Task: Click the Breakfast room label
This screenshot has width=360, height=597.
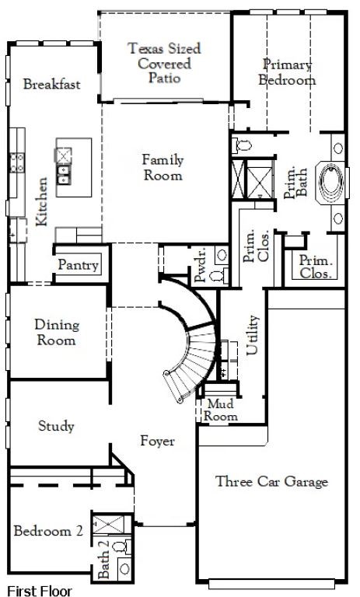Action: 52,84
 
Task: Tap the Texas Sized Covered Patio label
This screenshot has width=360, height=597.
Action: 164,63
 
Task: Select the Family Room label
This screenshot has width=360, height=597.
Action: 163,167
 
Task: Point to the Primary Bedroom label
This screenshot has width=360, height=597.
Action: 287,72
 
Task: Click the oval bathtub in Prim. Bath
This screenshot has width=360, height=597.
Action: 331,181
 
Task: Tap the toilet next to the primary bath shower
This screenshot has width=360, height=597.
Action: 243,145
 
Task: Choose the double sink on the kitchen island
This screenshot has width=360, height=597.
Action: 63,174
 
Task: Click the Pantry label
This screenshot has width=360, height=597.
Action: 78,265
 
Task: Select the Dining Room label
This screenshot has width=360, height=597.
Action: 57,332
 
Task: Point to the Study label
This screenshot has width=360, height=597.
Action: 56,426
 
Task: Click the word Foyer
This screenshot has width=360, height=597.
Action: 158,441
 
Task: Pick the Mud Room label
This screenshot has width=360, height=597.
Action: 221,410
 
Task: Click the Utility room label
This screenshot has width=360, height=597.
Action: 253,335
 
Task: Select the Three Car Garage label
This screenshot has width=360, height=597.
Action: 271,481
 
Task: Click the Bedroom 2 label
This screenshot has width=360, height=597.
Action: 48,531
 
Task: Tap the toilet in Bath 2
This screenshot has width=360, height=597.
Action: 122,548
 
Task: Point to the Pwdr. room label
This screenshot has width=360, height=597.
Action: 200,264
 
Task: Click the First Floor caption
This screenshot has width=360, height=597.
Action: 39,591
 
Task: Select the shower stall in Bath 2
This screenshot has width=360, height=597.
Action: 109,525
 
